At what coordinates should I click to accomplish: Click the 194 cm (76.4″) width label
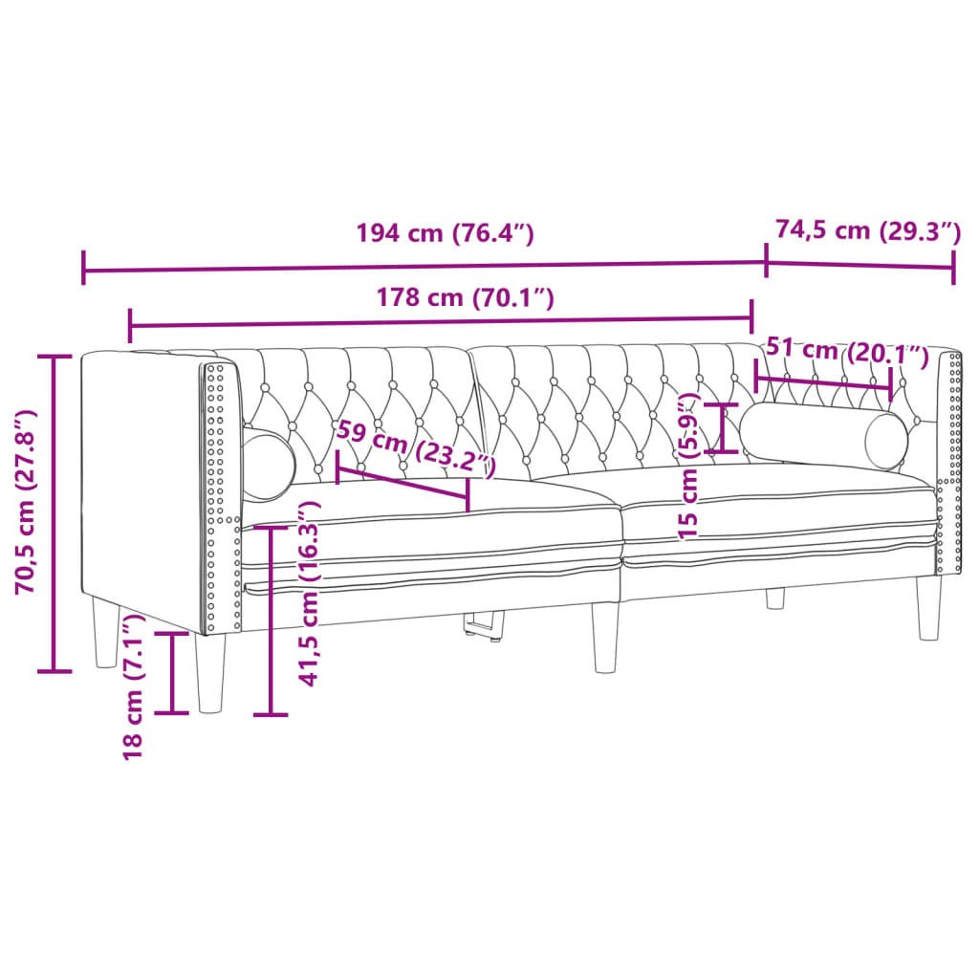pos(444,233)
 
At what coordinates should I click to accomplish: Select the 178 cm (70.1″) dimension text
pos(467,297)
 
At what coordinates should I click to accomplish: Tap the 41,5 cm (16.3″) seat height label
pos(308,593)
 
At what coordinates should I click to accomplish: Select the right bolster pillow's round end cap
pos(885,442)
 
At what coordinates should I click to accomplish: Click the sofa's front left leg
pos(210,673)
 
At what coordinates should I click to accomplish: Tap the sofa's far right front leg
pos(928,607)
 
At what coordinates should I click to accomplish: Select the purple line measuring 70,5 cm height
pos(54,514)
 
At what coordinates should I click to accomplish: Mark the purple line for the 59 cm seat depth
pos(402,482)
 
